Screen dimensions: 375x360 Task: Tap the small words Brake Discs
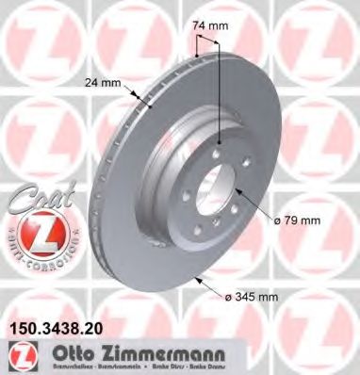coord(159,365)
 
